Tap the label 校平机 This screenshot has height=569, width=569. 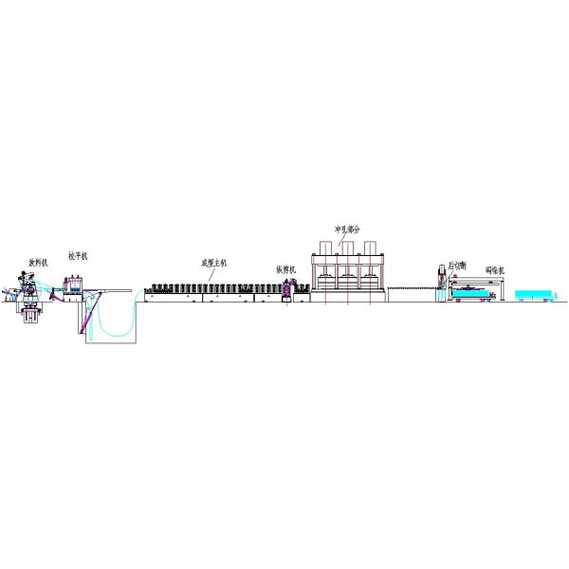pos(78,256)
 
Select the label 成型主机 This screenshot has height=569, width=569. pos(214,263)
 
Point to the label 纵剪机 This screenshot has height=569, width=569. pos(286,268)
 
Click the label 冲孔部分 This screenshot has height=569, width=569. pos(348,229)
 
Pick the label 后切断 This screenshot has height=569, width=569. pos(456,266)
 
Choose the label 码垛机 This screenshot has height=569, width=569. pos(495,269)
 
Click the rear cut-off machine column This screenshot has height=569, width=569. pos(440,284)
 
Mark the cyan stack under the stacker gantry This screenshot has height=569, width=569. pos(471,295)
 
